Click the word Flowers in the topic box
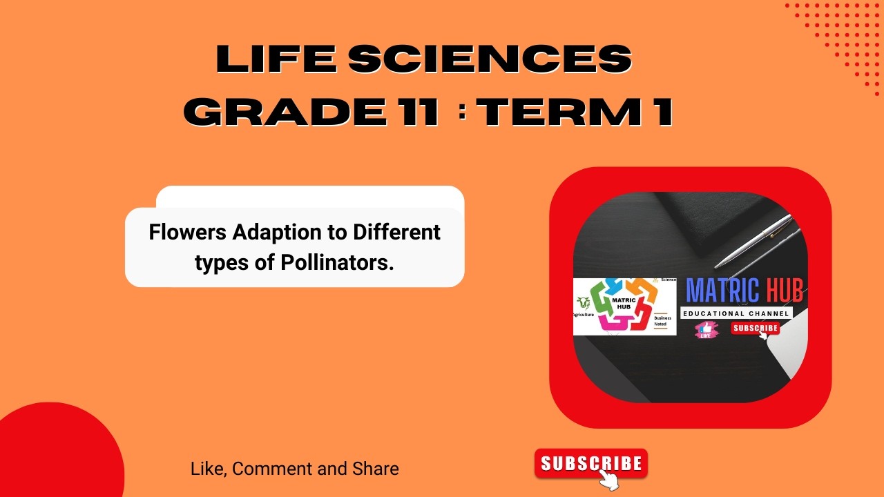click(x=188, y=232)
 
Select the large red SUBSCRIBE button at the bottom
click(x=590, y=463)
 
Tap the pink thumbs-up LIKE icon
click(x=706, y=329)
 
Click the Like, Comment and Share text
click(x=294, y=469)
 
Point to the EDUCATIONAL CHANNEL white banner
click(x=736, y=313)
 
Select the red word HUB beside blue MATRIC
click(x=784, y=291)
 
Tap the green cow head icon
click(x=584, y=302)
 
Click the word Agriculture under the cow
click(x=584, y=314)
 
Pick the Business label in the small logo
click(x=662, y=318)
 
